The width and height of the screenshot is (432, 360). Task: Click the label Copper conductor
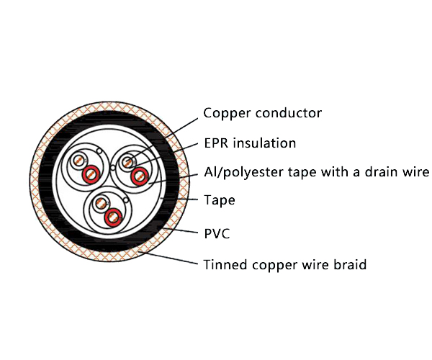[262, 113]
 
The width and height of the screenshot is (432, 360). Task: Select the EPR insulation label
[249, 143]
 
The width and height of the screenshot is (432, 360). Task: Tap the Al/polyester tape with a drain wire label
[316, 172]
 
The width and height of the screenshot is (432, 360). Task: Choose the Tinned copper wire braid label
[284, 265]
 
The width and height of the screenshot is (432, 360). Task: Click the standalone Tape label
[219, 200]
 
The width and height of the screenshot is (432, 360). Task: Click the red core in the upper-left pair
[90, 174]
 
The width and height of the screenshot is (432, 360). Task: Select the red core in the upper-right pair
[140, 174]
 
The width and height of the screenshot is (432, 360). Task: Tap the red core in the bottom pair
[112, 216]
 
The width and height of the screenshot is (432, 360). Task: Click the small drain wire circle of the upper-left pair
[99, 150]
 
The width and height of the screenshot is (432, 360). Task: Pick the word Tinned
[224, 265]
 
